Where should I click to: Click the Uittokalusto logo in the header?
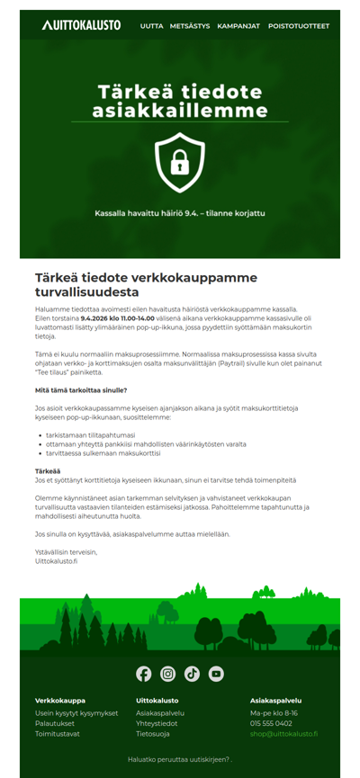(81, 25)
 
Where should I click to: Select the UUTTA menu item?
(152, 26)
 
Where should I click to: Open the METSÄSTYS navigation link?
(190, 26)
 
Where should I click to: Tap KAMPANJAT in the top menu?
(238, 26)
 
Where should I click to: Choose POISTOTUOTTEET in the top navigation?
(298, 26)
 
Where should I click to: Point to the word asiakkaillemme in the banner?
(180, 111)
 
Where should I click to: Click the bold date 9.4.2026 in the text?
(98, 317)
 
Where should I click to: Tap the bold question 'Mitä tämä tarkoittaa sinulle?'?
(81, 390)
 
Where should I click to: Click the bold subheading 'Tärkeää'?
(48, 471)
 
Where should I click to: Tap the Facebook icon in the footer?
(144, 674)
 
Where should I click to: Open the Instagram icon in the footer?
(168, 674)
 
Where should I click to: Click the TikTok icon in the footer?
(192, 674)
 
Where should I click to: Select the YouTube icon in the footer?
(216, 674)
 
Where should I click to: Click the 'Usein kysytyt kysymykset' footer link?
(76, 713)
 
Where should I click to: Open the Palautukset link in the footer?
(54, 723)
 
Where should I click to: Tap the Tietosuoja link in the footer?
(152, 734)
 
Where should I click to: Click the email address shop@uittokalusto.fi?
(283, 734)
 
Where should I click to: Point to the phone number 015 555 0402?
(271, 723)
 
